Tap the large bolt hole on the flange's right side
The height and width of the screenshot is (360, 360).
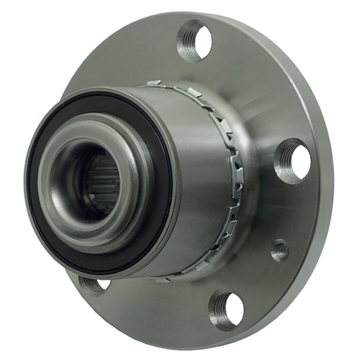293,161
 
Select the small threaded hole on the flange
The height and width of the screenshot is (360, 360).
280,251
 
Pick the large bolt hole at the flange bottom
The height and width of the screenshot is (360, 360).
225,309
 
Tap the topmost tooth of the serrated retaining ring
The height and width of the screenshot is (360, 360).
155,84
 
